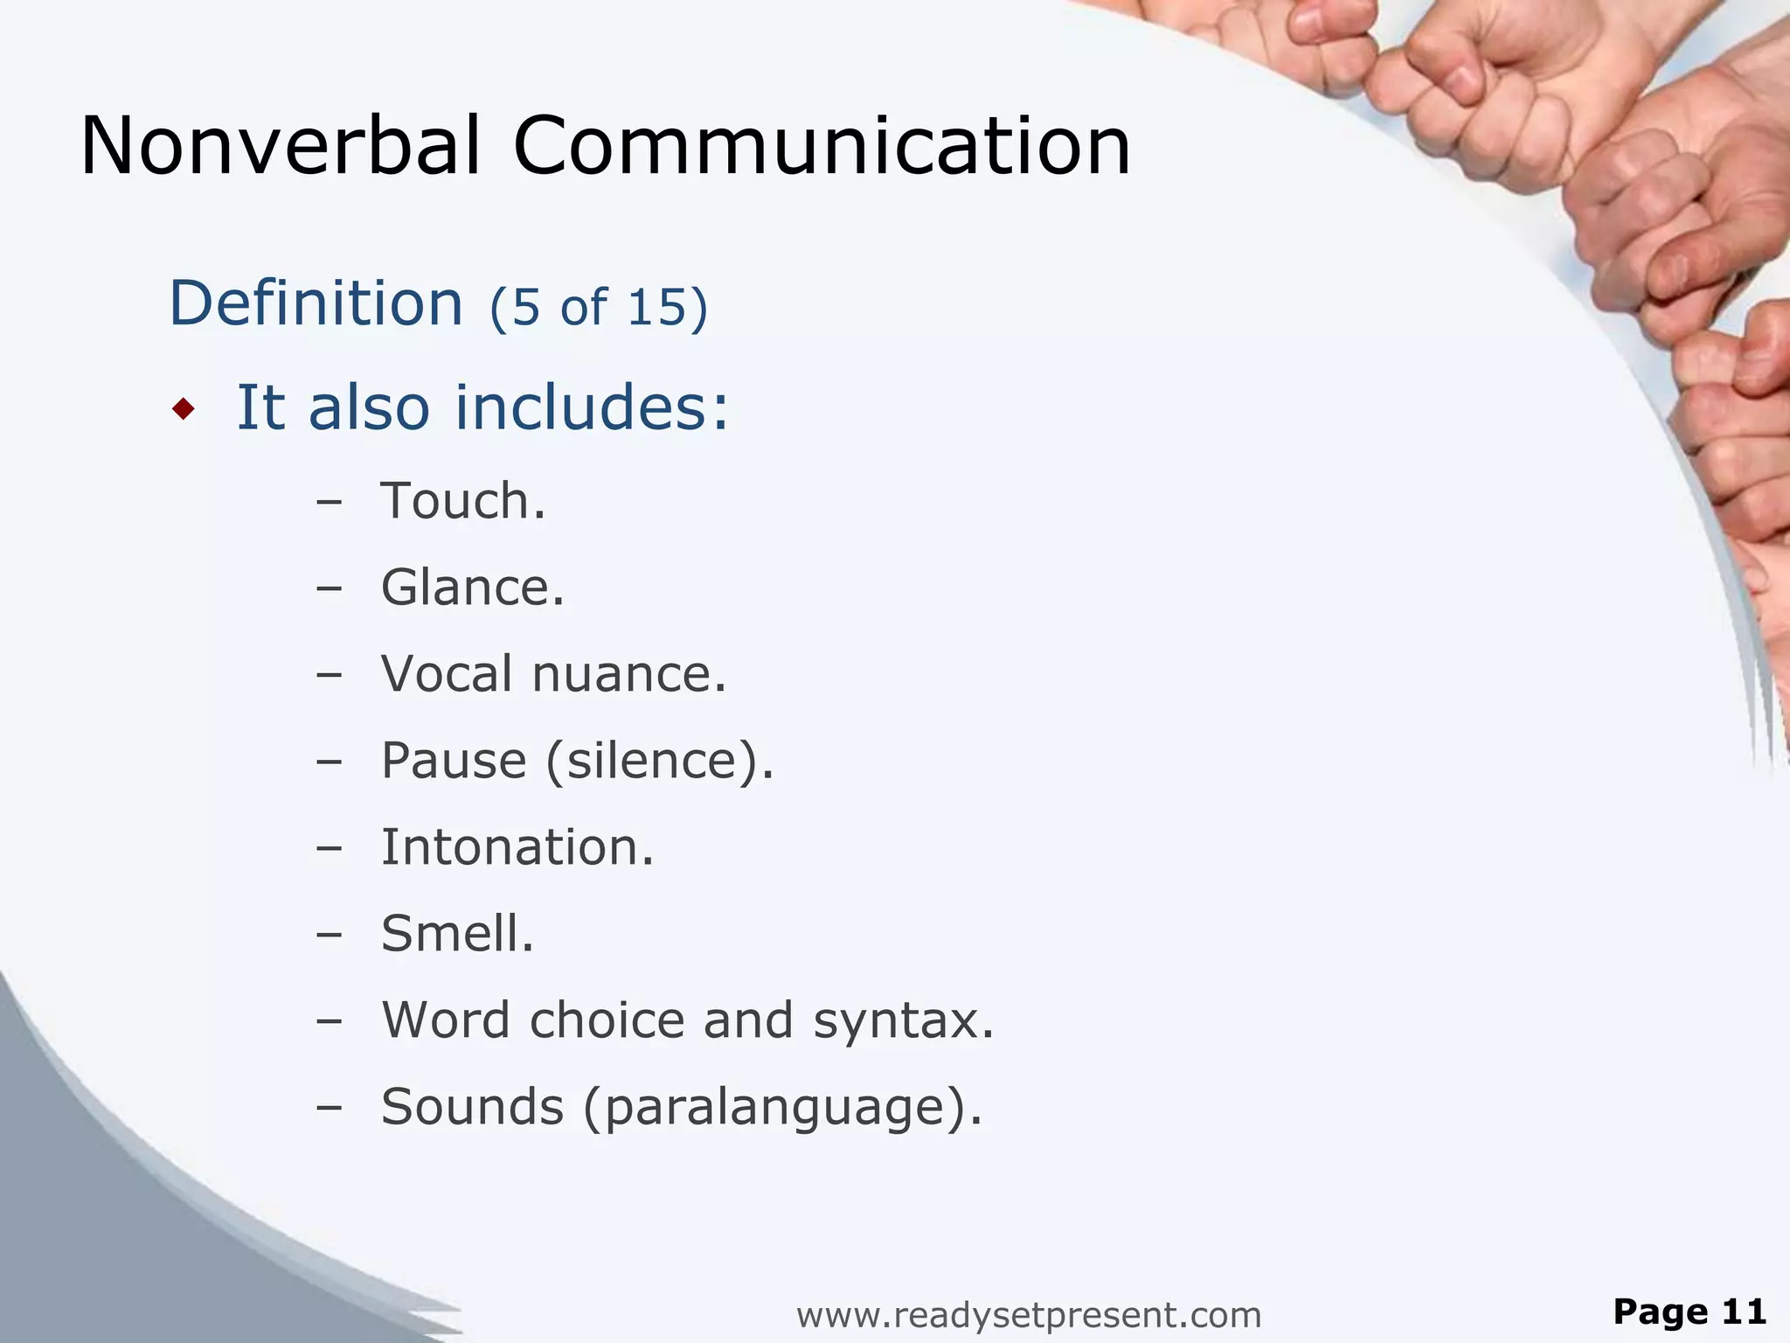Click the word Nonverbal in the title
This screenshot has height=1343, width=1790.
[x=280, y=146]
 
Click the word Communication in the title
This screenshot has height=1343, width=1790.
[x=822, y=146]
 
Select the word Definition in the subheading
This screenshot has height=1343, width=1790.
[x=316, y=303]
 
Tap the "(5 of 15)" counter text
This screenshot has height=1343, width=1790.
[x=599, y=308]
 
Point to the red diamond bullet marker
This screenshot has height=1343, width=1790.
[x=183, y=408]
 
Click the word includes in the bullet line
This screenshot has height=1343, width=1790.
[x=592, y=407]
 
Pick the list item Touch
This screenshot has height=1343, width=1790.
[x=463, y=501]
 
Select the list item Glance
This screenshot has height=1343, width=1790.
[x=473, y=587]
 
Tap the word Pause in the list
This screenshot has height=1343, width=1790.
[x=454, y=761]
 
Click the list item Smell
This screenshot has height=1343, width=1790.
[x=457, y=934]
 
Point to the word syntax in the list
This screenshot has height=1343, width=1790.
[x=903, y=1021]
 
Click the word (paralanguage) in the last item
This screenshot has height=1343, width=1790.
[x=782, y=1108]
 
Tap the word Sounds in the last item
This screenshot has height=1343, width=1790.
[x=473, y=1107]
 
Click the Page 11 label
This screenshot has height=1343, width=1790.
[x=1689, y=1312]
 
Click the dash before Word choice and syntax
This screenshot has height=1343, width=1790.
[x=329, y=1021]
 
